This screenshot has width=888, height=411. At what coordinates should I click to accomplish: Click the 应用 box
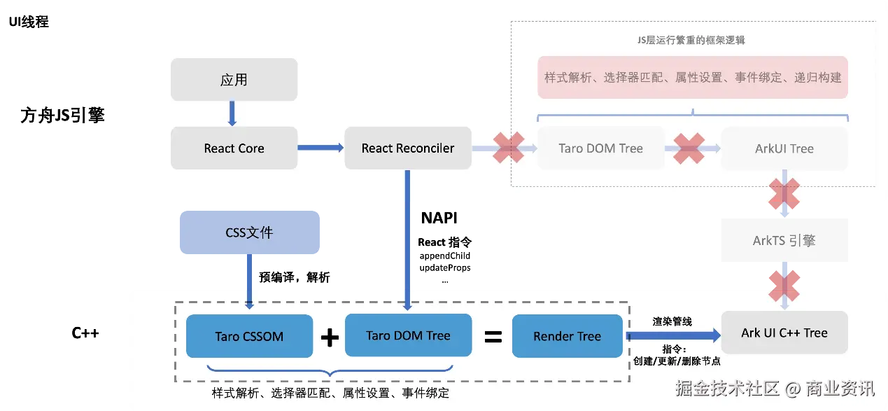[234, 79]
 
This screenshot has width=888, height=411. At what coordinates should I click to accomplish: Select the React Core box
[234, 148]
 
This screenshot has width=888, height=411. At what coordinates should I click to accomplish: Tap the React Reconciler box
[407, 148]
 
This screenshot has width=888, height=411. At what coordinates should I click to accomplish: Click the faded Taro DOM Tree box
[600, 148]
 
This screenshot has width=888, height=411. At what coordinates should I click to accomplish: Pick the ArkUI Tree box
[784, 148]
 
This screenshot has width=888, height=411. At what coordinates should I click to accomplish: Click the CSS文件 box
[249, 232]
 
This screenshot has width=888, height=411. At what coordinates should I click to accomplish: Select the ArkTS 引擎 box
[784, 240]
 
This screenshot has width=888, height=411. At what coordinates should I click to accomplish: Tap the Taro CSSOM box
[249, 336]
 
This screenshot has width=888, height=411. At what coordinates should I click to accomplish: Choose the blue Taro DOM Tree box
[408, 335]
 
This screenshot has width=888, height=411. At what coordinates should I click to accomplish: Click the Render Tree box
[567, 336]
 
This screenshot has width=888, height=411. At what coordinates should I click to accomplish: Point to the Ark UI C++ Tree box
[784, 333]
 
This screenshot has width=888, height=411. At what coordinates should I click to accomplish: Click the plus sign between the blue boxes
[330, 337]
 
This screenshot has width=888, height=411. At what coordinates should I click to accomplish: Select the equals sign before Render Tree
[493, 337]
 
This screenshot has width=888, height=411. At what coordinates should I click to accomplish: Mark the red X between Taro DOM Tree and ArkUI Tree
[689, 148]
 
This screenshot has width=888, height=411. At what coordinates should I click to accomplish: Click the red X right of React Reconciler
[509, 148]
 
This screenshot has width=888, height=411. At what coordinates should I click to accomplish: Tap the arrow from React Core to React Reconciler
[320, 148]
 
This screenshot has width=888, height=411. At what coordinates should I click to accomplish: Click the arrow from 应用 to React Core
[232, 113]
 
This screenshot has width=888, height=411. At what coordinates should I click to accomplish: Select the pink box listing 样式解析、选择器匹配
[693, 78]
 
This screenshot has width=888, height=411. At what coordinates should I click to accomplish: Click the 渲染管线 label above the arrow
[672, 321]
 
